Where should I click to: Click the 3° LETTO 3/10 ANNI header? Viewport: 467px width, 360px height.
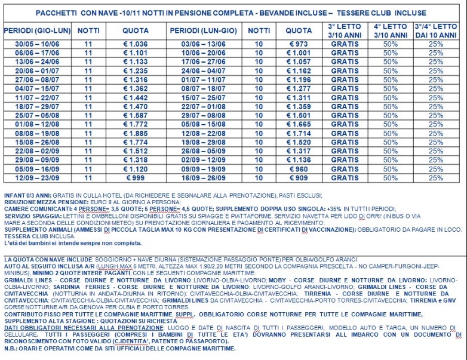tap(345, 30)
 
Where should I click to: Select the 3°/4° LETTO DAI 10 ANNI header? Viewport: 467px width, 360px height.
tap(436, 30)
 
